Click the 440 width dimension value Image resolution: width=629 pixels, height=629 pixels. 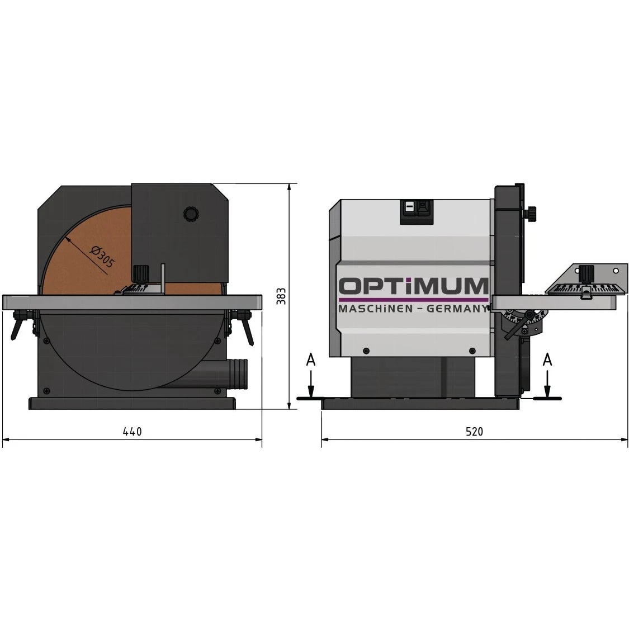pyautogui.click(x=132, y=431)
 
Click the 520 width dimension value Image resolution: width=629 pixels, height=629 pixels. pyautogui.click(x=474, y=432)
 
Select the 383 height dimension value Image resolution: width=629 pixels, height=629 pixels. pyautogui.click(x=281, y=296)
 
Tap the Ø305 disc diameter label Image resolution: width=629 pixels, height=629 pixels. pyautogui.click(x=102, y=257)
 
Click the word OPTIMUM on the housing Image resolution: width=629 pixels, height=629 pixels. pyautogui.click(x=414, y=286)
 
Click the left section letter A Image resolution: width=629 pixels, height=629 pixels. pyautogui.click(x=311, y=360)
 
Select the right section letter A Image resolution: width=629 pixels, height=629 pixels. pyautogui.click(x=547, y=360)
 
